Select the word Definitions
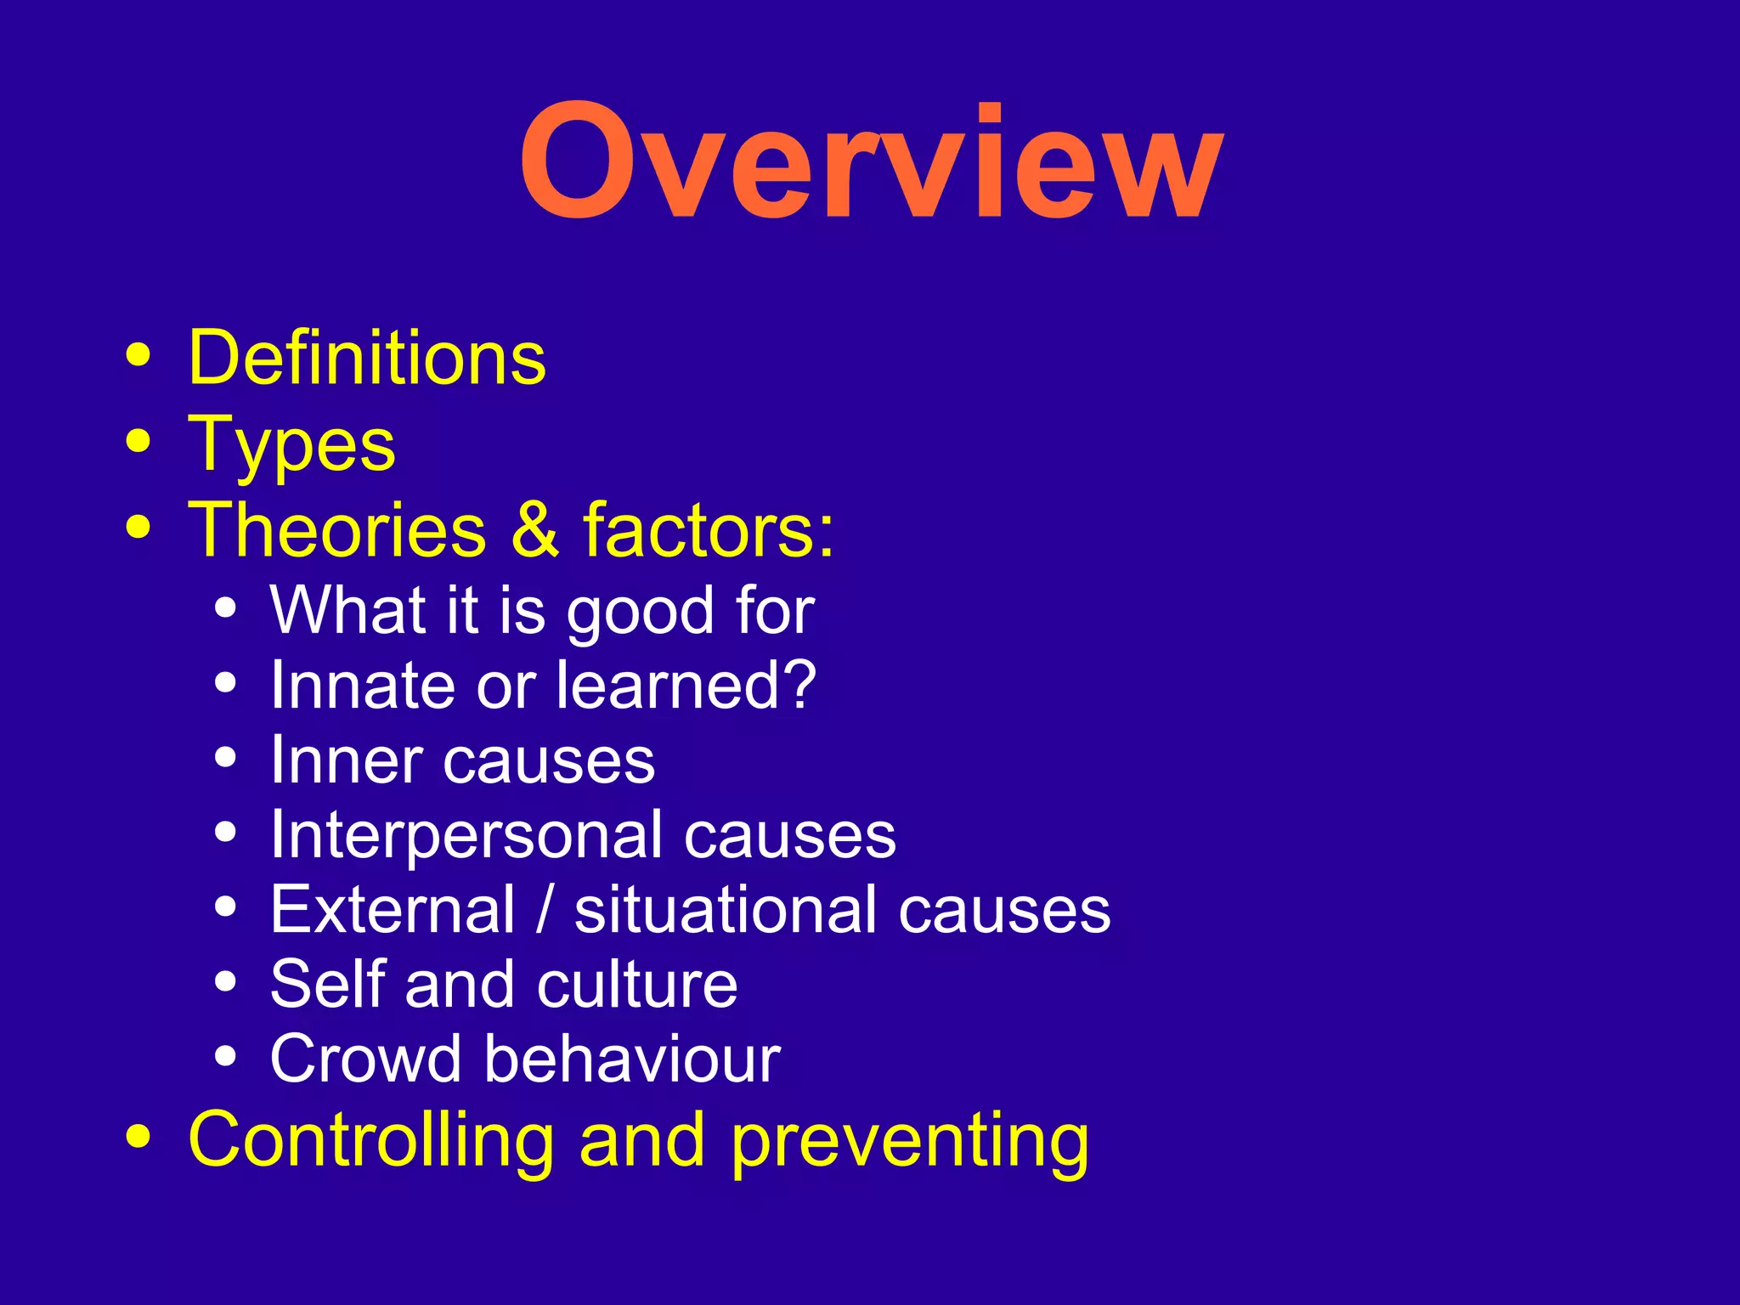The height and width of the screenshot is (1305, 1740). (367, 359)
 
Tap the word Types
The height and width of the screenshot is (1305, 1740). (291, 445)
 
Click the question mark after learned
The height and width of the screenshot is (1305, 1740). (799, 685)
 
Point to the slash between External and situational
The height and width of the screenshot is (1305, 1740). (545, 909)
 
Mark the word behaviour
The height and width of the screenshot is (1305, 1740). (631, 1059)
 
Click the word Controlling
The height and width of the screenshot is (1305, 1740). (371, 1140)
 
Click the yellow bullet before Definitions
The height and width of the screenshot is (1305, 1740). (138, 355)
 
